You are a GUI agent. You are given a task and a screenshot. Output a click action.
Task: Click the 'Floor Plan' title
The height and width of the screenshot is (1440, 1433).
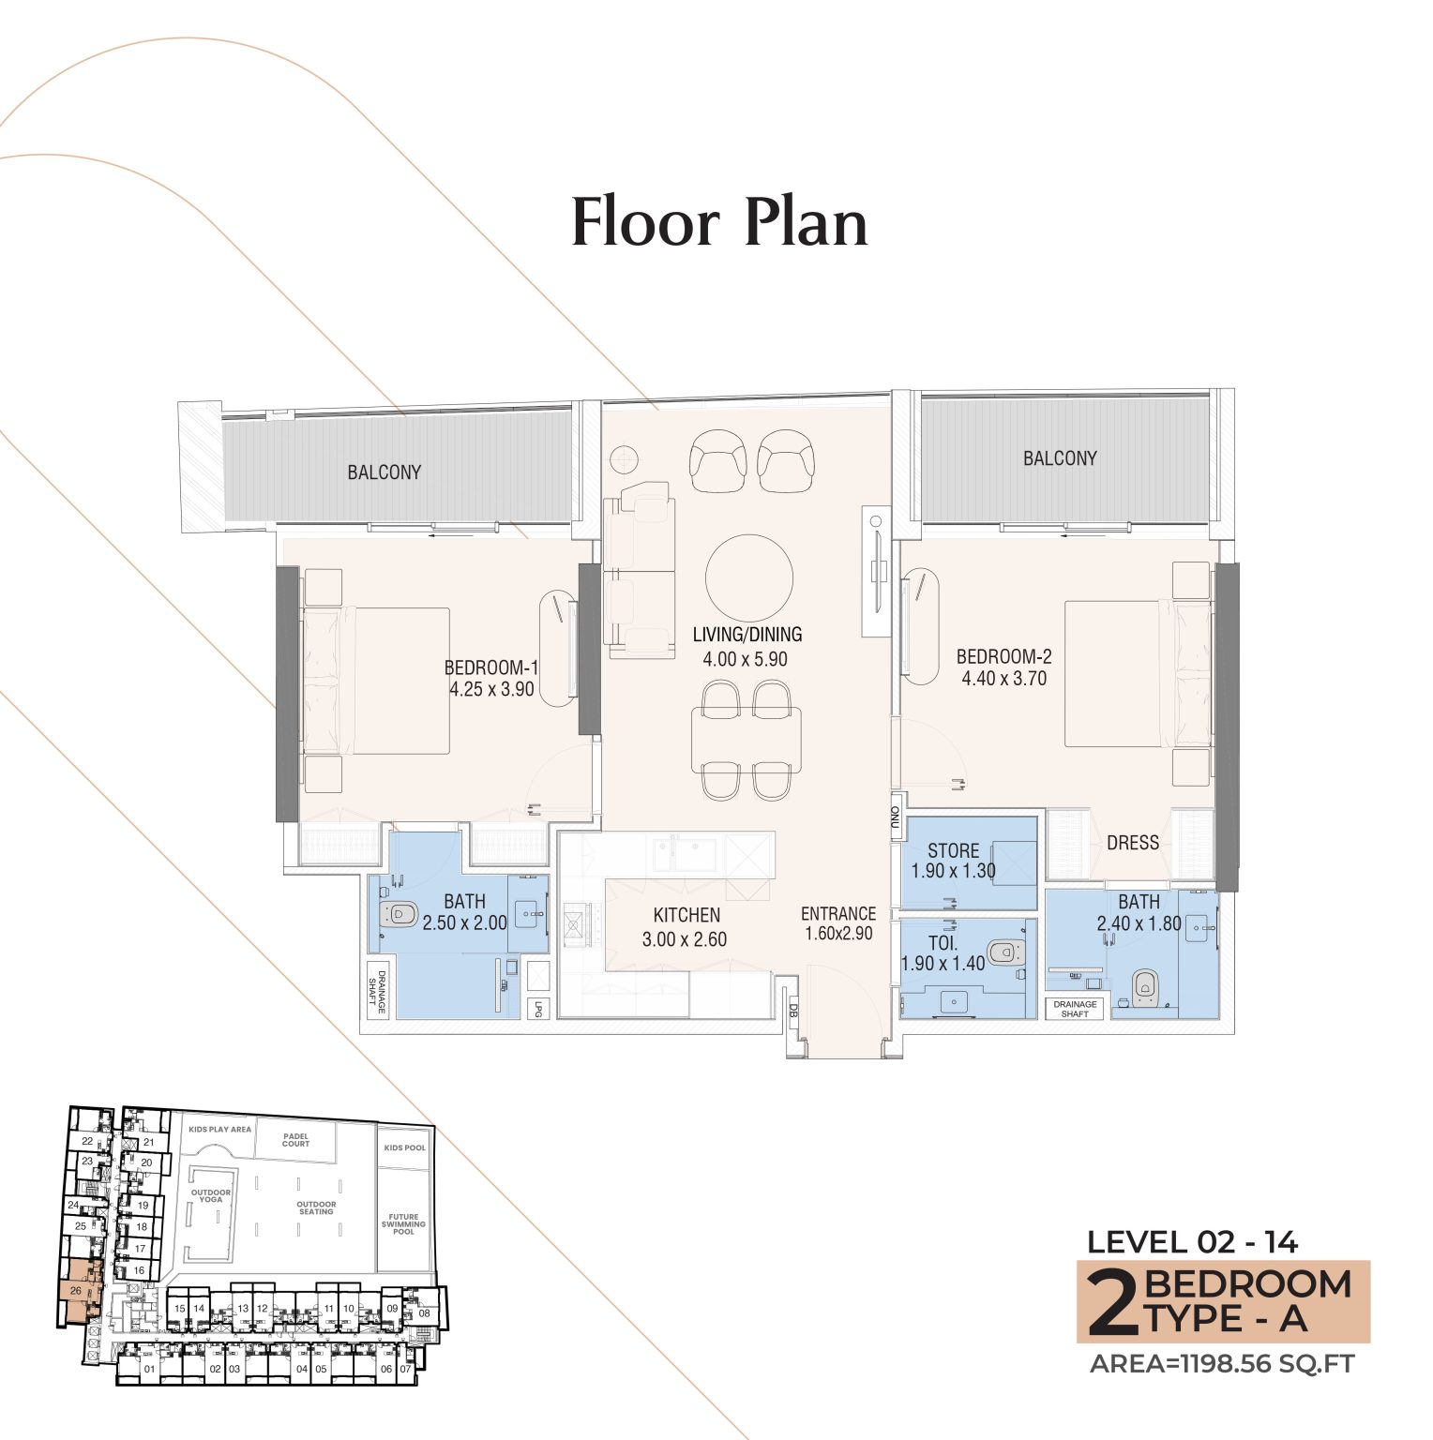[719, 223]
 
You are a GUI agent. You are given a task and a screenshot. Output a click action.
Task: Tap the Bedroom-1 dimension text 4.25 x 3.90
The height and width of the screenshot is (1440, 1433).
[491, 689]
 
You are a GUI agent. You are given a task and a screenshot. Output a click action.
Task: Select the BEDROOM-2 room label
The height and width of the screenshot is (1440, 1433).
[1003, 656]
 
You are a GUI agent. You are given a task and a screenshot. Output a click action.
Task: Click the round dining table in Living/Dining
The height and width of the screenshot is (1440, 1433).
[748, 577]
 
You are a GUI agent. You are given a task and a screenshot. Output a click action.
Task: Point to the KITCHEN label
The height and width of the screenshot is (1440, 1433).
[686, 915]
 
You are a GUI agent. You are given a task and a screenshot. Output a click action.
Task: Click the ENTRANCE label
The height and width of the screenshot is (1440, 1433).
[837, 913]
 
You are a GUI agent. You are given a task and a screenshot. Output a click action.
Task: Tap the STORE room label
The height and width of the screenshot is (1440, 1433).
[953, 850]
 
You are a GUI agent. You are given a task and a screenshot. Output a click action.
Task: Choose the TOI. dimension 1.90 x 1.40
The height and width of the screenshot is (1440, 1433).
[943, 964]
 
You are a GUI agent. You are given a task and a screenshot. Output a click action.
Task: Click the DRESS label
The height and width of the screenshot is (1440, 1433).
[1132, 843]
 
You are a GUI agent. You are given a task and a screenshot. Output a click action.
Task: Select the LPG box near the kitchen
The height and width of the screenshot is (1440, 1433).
[538, 1009]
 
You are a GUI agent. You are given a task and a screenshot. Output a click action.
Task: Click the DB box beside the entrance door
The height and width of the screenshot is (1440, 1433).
[792, 1012]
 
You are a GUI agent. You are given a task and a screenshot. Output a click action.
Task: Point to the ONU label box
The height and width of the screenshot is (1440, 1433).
[895, 820]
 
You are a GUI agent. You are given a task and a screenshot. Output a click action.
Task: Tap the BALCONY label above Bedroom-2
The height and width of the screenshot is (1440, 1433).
[1059, 458]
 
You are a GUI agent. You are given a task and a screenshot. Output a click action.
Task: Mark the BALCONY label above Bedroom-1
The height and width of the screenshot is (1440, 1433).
[384, 472]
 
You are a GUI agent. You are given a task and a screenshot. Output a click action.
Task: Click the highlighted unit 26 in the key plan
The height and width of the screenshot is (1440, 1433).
[76, 1291]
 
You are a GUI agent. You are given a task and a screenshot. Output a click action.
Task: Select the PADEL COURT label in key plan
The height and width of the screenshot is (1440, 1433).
[295, 1140]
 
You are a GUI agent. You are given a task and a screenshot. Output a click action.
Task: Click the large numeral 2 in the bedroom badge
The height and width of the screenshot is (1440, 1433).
[1112, 1303]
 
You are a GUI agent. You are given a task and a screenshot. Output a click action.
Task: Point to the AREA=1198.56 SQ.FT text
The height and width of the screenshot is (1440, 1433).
[1222, 1364]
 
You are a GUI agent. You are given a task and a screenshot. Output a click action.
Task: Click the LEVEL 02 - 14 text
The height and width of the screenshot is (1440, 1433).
[1191, 1242]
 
